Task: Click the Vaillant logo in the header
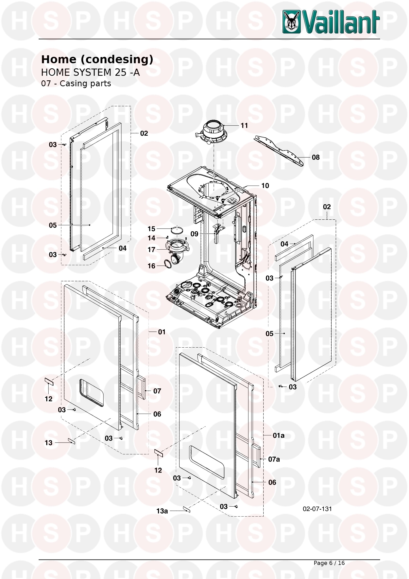coord(331,22)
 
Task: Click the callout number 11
coord(244,125)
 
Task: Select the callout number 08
coord(316,157)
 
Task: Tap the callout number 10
coord(265,186)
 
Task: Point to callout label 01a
coord(278,435)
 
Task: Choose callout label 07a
coord(274,459)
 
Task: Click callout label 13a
coord(162,511)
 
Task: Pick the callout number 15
coord(151,229)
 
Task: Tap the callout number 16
coord(151,266)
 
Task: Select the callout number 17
coord(151,250)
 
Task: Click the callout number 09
coord(194,234)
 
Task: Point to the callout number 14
coord(151,238)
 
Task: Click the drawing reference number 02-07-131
coord(317,509)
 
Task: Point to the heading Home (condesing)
coord(97,60)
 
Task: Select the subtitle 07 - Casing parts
coord(76,83)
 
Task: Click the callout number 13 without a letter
coord(49,443)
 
